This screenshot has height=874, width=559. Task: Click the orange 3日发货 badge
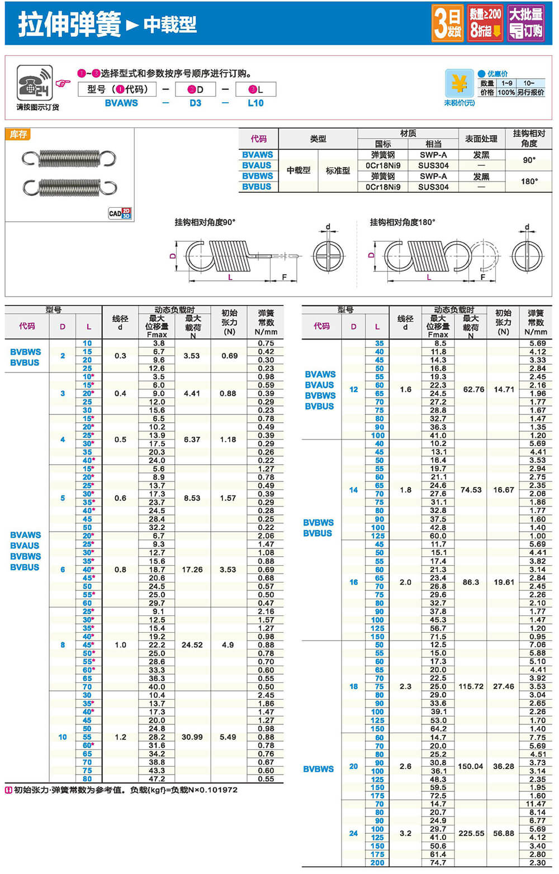[448, 23]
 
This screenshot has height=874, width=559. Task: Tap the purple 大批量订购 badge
[526, 23]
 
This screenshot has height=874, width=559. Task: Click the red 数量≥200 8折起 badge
[485, 23]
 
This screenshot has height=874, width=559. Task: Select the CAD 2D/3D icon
[120, 213]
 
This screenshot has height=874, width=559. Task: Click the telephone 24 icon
[35, 83]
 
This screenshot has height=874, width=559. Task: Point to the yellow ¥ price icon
[459, 84]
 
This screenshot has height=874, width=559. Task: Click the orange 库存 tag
[18, 134]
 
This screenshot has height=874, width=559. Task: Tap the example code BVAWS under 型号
[121, 103]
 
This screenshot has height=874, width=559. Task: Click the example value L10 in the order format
[255, 103]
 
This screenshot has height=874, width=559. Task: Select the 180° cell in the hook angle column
[529, 181]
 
